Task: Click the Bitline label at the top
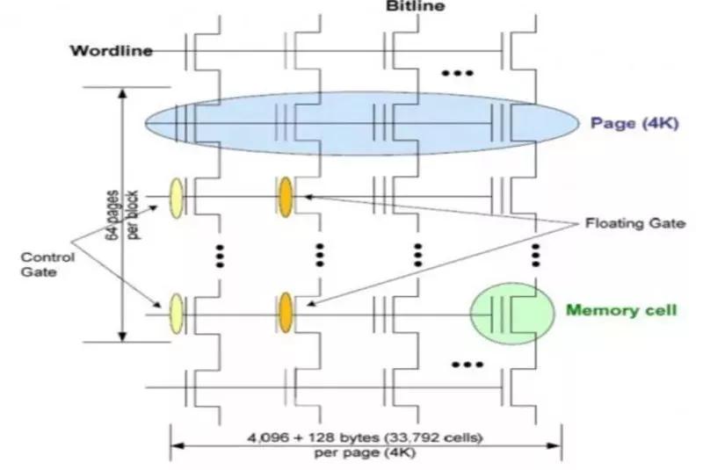(415, 6)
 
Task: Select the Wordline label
(112, 51)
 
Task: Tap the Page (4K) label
(634, 123)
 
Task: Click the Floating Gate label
(635, 223)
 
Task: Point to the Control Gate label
(47, 264)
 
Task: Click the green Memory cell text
(621, 310)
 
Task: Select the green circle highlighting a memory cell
(511, 313)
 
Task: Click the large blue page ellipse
(361, 123)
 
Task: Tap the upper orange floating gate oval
(286, 197)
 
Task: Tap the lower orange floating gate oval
(286, 313)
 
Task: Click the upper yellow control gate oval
(177, 198)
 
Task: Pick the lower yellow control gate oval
(177, 314)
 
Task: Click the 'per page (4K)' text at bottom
(365, 452)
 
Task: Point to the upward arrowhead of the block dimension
(122, 94)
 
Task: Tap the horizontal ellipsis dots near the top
(457, 73)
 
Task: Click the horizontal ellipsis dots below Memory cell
(467, 365)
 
